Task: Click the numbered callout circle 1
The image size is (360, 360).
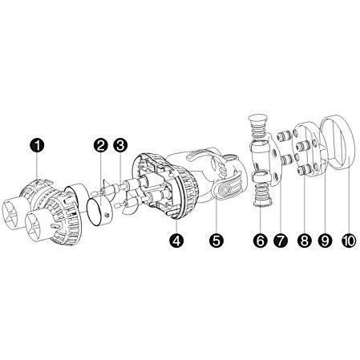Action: (37, 146)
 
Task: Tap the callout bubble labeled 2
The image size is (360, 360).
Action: (101, 146)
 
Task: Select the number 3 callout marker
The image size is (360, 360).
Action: (120, 146)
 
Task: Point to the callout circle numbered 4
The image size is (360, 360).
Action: (176, 241)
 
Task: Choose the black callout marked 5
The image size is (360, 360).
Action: (216, 241)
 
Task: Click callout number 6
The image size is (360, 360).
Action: (261, 241)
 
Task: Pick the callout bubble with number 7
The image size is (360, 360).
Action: (281, 241)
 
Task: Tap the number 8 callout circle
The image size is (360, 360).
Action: (305, 241)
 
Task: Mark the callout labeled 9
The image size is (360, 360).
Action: (325, 241)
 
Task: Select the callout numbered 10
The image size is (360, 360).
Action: (349, 241)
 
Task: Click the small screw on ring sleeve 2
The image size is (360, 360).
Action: (107, 215)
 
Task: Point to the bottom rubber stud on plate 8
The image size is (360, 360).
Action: (305, 169)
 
